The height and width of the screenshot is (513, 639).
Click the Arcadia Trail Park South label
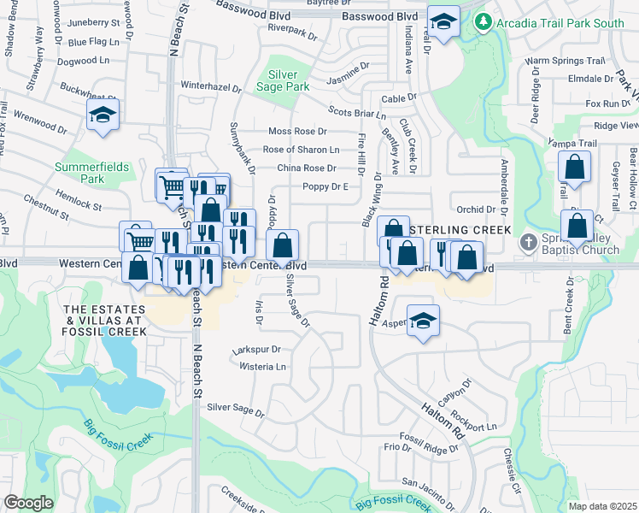tap(560, 23)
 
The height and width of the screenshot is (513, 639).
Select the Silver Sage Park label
tap(288, 80)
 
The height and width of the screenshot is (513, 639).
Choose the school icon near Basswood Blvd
tap(443, 22)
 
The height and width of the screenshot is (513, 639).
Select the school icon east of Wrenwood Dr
tap(103, 115)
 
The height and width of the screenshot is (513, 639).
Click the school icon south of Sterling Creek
tap(423, 321)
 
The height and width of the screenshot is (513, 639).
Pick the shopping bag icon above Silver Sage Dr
tap(282, 246)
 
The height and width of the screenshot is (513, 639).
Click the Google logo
tap(28, 503)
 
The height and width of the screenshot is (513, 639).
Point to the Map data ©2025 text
tap(601, 506)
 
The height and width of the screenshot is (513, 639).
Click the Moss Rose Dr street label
tap(297, 131)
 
